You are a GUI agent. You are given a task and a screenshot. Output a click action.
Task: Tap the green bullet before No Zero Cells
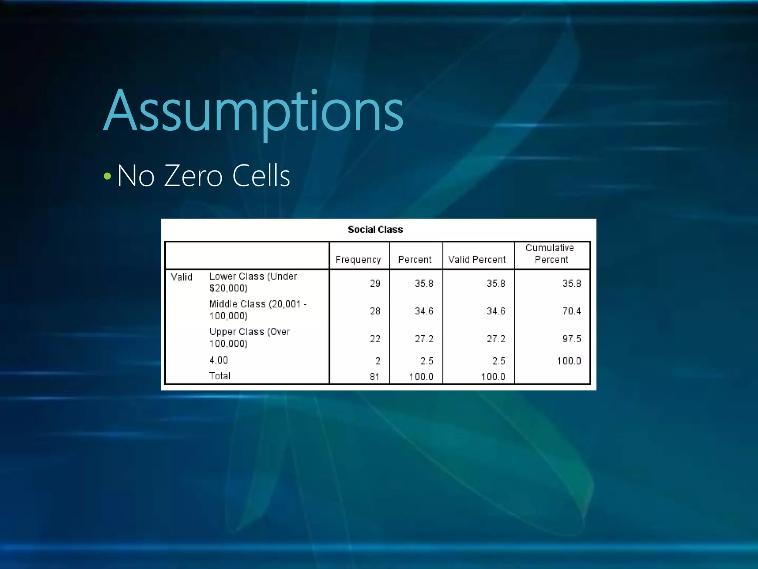107,176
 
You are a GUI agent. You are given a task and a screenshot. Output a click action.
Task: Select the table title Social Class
375,230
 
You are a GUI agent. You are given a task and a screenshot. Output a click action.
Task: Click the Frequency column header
358,260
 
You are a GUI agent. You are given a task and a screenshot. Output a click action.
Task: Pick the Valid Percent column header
477,260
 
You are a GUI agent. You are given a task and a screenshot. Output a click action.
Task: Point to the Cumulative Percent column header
550,254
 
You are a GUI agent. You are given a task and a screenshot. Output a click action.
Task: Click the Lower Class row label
253,282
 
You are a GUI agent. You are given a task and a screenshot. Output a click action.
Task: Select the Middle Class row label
258,310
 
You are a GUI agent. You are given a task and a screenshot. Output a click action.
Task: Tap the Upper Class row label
249,337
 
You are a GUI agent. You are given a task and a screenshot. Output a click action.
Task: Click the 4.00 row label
218,360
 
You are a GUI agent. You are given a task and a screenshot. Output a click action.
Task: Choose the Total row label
219,376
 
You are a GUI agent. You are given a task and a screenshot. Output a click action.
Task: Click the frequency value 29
375,284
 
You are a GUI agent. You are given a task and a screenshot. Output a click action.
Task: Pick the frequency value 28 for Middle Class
375,311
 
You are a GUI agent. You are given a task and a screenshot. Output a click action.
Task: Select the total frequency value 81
375,377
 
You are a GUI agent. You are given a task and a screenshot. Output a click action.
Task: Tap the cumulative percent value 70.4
571,311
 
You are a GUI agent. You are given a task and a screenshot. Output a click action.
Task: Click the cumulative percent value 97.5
571,339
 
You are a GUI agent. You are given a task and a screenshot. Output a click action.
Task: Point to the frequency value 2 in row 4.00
378,361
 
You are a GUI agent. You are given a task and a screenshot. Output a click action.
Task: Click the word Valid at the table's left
181,277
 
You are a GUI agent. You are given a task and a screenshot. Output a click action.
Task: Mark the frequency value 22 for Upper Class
375,339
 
